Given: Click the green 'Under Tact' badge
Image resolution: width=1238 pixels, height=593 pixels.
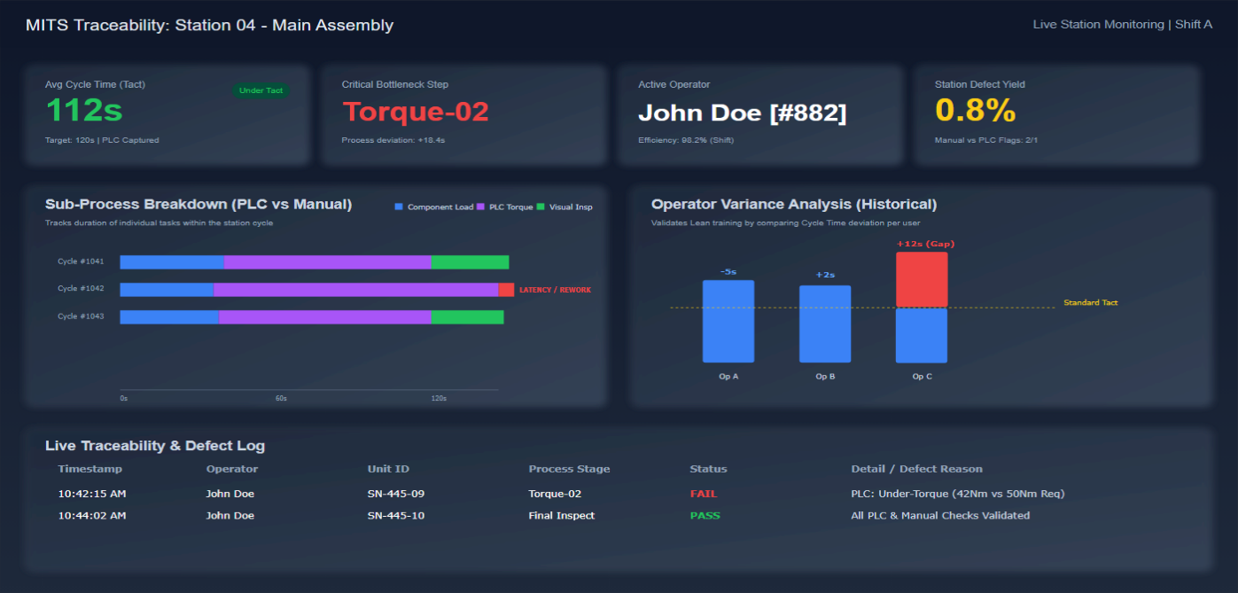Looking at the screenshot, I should [261, 90].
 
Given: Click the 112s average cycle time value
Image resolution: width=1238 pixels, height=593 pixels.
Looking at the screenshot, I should [84, 112].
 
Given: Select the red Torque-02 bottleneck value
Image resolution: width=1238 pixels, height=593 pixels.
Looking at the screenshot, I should [416, 112].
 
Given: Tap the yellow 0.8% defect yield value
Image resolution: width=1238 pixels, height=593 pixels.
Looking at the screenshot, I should [975, 112].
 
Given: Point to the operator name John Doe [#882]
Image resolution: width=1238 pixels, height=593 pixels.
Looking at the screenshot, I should [742, 113].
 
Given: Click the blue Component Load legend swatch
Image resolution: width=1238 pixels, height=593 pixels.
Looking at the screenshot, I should [399, 207].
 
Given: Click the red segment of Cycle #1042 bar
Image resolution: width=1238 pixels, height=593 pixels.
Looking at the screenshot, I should [506, 290].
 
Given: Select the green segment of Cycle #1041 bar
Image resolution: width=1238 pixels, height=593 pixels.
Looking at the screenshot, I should [470, 262].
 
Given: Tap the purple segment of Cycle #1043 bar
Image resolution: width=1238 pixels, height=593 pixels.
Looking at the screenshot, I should [324, 317].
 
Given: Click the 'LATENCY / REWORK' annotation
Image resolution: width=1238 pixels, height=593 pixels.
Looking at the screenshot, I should [555, 290].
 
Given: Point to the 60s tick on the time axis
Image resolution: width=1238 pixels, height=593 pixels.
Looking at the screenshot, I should [281, 398].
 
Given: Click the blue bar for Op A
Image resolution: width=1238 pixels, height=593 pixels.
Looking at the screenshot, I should [728, 321].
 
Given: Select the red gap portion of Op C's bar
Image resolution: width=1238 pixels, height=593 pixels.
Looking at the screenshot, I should [922, 279].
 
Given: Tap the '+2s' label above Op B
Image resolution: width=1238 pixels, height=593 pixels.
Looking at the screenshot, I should [825, 275].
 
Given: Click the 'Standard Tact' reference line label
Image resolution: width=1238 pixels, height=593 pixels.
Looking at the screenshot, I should [1090, 303].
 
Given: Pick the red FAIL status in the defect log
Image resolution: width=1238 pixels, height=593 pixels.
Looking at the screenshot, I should [704, 494].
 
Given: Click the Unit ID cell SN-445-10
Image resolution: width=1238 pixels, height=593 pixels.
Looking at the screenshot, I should [396, 516].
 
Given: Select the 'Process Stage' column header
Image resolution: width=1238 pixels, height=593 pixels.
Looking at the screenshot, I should [569, 469].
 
